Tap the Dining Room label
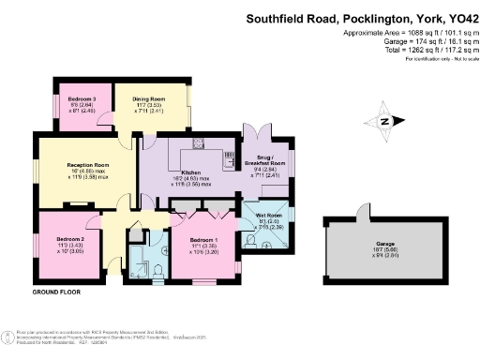coord(149,97)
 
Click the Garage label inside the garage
coord(382,245)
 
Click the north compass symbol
coord(382,120)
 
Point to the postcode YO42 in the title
coord(456,18)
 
